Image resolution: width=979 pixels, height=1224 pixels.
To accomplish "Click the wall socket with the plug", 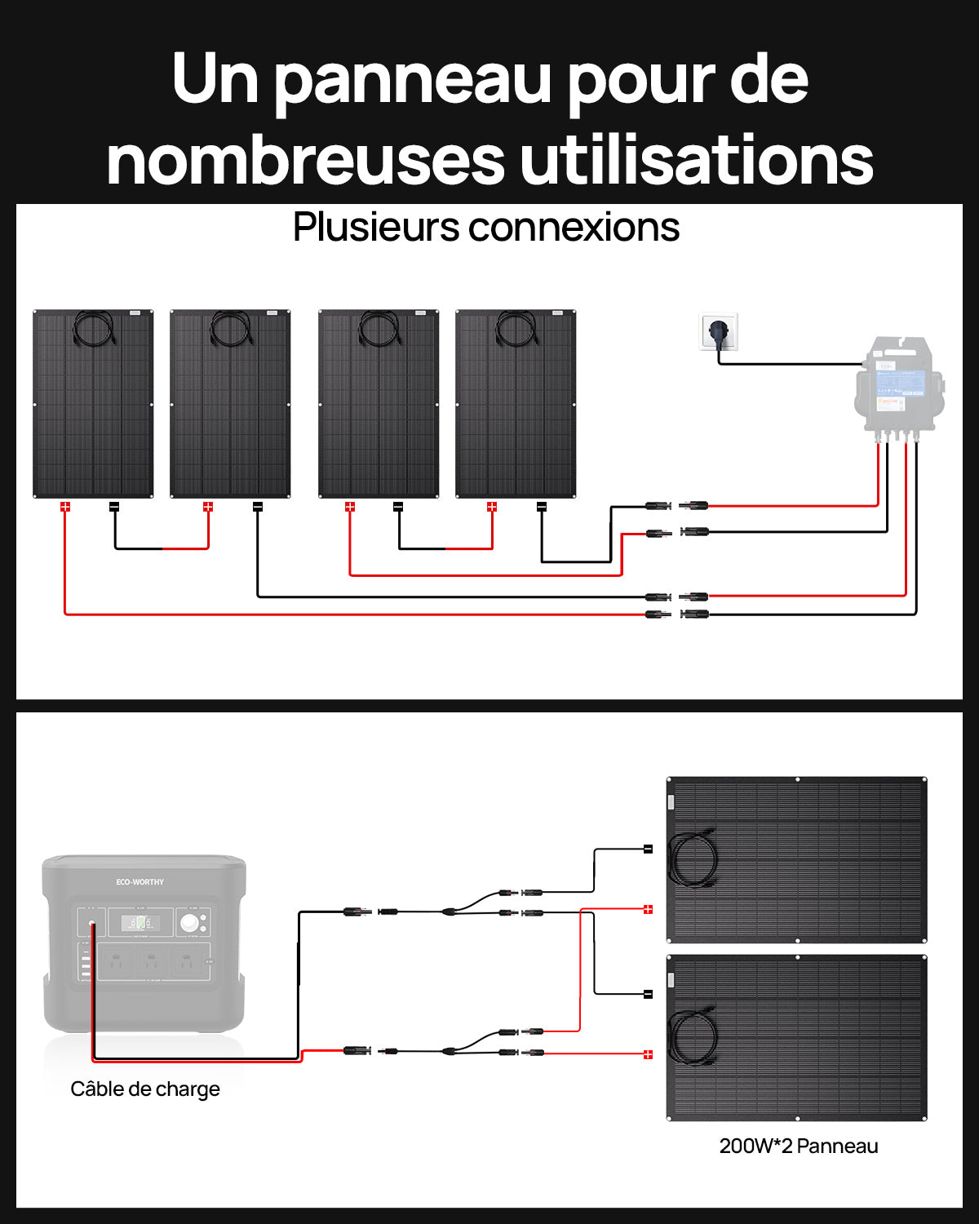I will click(x=719, y=332).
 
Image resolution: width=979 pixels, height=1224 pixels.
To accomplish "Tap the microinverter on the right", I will click(x=900, y=389).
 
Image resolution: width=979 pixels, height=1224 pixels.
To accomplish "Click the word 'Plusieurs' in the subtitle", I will click(x=376, y=228).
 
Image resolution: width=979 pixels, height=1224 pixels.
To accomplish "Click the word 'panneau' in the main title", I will click(x=412, y=80).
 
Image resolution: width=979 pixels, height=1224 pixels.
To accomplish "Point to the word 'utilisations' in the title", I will click(x=696, y=160).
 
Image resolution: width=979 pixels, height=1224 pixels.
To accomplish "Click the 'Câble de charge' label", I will click(x=145, y=1089).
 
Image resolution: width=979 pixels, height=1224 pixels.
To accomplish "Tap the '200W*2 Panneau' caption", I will click(x=799, y=1146).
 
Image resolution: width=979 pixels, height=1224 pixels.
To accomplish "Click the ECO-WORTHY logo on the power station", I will click(x=140, y=882).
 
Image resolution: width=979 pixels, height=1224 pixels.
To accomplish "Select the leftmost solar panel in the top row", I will click(x=93, y=404).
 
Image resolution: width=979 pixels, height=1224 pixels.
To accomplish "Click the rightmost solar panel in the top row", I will click(x=516, y=404).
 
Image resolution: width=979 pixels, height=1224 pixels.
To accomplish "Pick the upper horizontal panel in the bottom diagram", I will click(x=797, y=859).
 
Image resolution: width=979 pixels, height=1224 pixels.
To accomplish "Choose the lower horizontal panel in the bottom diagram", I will click(x=797, y=1037).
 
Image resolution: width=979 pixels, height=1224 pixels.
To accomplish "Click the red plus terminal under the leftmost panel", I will click(x=65, y=507).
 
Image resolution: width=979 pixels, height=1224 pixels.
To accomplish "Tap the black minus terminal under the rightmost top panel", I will click(x=541, y=507).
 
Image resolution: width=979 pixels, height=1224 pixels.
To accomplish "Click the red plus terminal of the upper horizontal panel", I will click(x=649, y=909).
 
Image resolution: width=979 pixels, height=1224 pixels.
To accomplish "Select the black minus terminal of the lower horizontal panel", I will click(x=649, y=994).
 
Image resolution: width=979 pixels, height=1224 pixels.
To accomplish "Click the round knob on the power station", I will click(x=191, y=923).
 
